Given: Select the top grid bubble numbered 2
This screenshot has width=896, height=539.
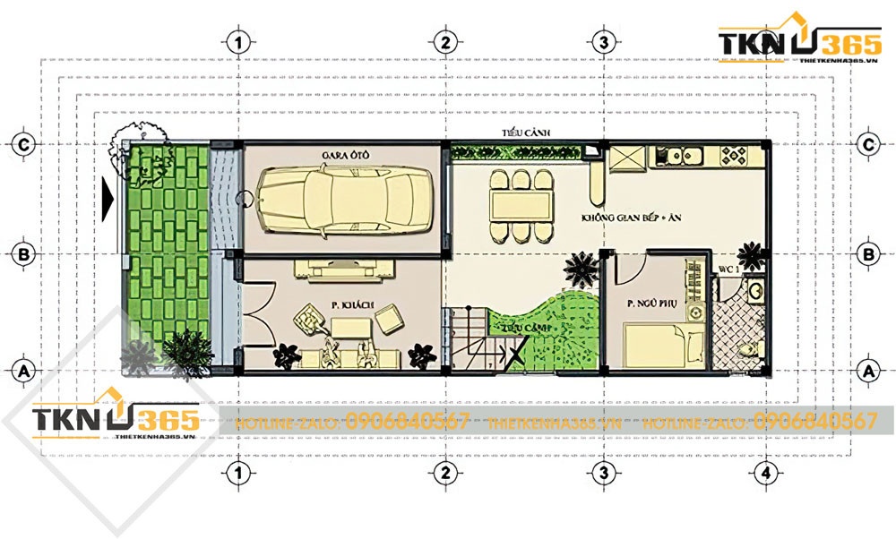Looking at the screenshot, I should (x=443, y=42).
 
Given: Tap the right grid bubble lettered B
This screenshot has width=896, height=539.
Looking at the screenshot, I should (x=867, y=254).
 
